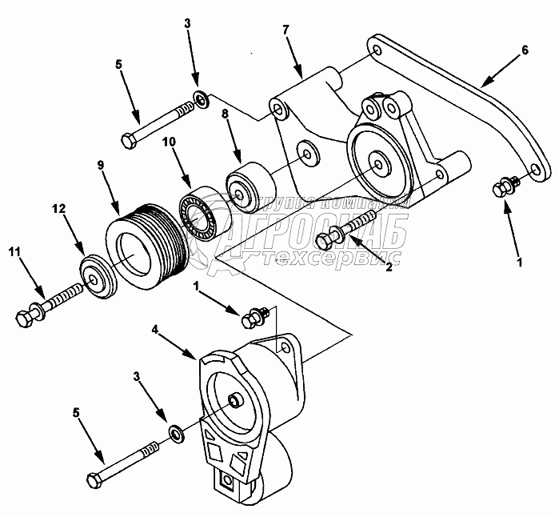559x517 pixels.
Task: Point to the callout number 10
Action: pos(170,142)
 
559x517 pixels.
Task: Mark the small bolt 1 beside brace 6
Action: pos(503,189)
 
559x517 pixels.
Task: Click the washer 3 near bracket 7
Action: pos(201,99)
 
